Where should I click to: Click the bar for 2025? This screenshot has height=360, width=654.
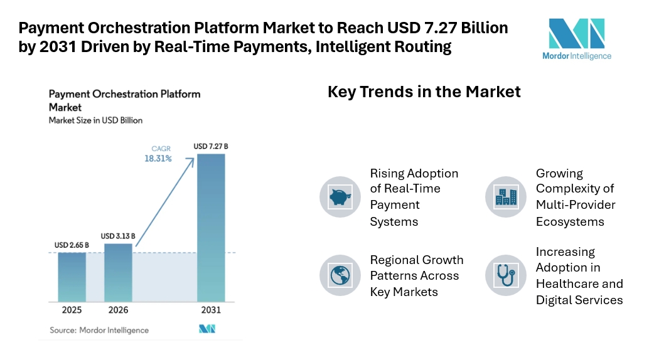point(72,277)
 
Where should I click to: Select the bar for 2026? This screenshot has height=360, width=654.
point(118,272)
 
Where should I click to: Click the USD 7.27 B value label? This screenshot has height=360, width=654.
point(210,147)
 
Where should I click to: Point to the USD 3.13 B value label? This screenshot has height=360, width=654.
point(118,236)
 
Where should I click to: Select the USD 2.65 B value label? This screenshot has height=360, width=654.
point(71,245)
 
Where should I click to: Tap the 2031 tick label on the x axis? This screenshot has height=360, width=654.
point(210,310)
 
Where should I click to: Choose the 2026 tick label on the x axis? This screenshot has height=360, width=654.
point(118,310)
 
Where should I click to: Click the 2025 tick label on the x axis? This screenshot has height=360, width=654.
point(72,310)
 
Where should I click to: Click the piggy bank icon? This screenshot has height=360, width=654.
point(340,197)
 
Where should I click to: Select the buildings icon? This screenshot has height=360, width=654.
point(506,197)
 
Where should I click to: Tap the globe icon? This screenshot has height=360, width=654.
point(340,275)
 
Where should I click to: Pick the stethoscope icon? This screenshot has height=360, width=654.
point(506,275)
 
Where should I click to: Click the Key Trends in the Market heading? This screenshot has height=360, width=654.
point(424,92)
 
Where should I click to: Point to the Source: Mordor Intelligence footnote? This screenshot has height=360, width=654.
point(99,330)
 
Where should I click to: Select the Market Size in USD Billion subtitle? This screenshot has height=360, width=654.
point(95,120)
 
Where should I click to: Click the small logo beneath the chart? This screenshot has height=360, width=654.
point(207,329)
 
